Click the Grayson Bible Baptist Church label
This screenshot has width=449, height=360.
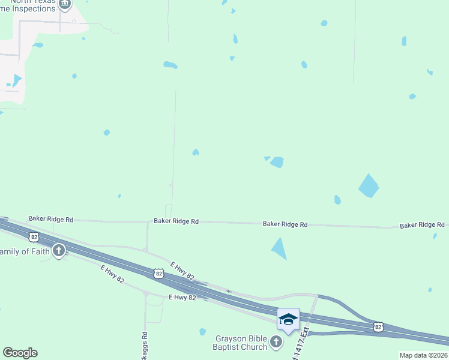coord(241,343)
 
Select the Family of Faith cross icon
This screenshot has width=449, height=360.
coord(59,251)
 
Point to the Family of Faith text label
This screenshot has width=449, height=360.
coord(25,251)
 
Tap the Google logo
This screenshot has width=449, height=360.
coord(20,353)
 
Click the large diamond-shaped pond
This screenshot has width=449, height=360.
coord(369,186)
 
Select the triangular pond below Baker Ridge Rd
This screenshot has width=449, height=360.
coord(279,248)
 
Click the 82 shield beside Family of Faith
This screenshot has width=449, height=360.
coord(34,237)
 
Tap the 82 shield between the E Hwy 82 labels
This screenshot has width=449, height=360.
coord(158,274)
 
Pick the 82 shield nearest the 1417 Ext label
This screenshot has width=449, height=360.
coord(378,326)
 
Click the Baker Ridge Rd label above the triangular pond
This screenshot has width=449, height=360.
coord(285,224)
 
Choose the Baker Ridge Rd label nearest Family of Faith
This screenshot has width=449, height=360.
coord(50,220)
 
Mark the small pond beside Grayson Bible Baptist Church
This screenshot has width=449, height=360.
coord(203,332)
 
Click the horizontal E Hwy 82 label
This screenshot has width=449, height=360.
coord(182,297)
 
